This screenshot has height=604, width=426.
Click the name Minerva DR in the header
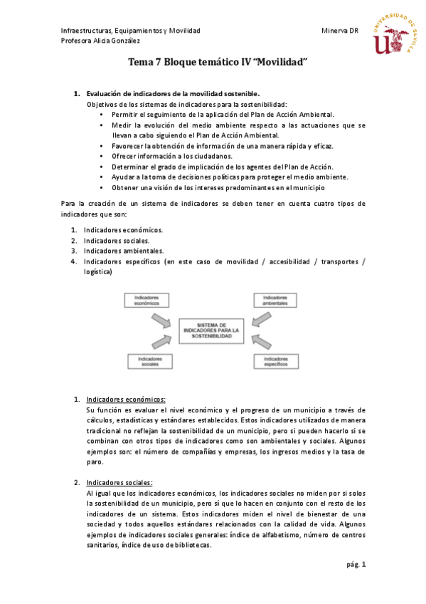click(339, 31)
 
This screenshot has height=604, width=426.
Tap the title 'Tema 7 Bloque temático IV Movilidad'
click(217, 63)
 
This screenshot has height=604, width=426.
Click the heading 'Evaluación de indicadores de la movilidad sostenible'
click(173, 93)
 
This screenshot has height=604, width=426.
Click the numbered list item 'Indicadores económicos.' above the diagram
click(123, 230)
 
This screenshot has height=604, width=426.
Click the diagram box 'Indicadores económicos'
click(148, 301)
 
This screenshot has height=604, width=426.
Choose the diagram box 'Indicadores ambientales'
click(275, 301)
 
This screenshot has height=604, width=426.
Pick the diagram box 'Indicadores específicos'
click(275, 362)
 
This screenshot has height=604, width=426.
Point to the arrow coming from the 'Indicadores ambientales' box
click(260, 318)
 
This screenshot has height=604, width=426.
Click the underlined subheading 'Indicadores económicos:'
click(125, 400)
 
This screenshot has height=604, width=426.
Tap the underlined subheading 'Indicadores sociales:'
click(119, 482)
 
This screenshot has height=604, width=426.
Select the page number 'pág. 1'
click(356, 565)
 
